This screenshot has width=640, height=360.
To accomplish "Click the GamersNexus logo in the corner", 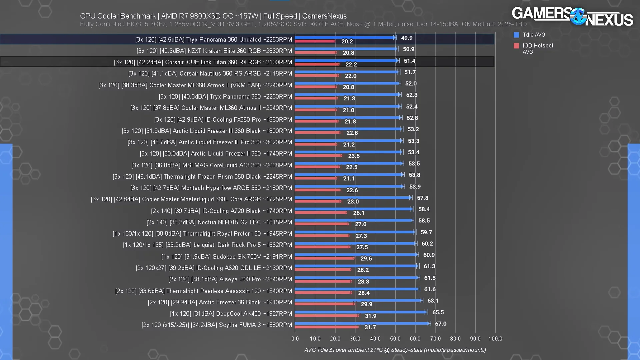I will (x=572, y=17).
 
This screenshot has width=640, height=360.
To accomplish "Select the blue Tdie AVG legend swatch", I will (x=516, y=35).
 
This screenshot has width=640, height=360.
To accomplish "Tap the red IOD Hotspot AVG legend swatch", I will (x=516, y=46).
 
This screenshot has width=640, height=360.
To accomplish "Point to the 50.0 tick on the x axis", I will (x=395, y=339).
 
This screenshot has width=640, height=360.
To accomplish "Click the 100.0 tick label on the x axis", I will (x=495, y=339).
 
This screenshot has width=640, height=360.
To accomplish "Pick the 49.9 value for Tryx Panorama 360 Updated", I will (x=407, y=38).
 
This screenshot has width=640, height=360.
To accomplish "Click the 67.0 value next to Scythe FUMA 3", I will (x=441, y=324).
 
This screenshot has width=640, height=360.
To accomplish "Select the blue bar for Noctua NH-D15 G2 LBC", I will (x=354, y=220).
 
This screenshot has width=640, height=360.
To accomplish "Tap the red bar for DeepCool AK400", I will (x=327, y=316).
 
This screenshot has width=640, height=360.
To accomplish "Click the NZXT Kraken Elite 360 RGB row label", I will (x=214, y=51).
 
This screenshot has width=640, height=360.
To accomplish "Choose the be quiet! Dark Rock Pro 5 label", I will (x=207, y=245).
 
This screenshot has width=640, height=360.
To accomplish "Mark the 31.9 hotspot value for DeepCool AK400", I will (x=370, y=316).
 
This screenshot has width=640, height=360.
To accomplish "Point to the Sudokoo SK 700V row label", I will (x=227, y=257).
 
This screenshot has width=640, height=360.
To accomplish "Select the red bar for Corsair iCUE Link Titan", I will (x=317, y=64).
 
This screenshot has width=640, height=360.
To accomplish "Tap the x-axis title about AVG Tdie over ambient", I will (x=395, y=350).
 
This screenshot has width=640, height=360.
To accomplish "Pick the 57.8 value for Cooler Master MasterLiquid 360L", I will (x=422, y=198).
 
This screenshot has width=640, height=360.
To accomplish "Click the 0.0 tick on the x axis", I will (x=295, y=339).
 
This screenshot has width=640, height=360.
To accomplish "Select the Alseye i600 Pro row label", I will (x=230, y=279).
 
